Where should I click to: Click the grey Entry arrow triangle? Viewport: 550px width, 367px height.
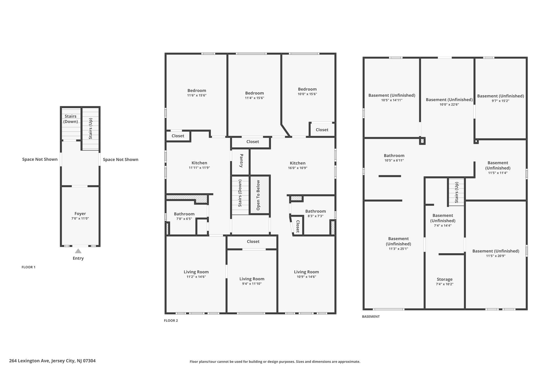[78, 251]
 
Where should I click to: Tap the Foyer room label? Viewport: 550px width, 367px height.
[80, 214]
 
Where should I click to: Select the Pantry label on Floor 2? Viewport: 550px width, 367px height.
[241, 161]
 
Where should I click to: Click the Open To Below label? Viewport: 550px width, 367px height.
[258, 195]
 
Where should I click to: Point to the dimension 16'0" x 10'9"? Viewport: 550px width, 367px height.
[298, 168]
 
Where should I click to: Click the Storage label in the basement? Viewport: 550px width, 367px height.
[444, 279]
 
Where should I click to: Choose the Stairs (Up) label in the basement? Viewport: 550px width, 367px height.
[457, 192]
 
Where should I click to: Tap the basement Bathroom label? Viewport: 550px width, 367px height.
[394, 156]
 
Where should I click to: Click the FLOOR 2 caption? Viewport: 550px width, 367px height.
[171, 320]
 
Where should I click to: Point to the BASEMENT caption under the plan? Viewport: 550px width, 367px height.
[371, 317]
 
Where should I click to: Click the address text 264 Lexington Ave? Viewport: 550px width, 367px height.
[52, 361]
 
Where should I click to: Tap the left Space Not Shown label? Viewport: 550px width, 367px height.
[40, 159]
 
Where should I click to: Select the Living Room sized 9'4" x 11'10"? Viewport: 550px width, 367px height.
[252, 279]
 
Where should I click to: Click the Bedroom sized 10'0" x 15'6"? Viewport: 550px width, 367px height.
[307, 89]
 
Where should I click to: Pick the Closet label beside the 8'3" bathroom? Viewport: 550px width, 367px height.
[298, 226]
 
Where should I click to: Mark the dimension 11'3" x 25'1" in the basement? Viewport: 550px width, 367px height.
[398, 249]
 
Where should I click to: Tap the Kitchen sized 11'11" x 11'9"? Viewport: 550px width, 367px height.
[199, 163]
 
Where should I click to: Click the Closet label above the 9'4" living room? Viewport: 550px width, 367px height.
[253, 242]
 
